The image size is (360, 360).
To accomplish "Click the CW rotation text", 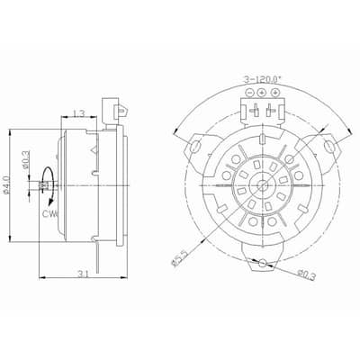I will (49, 215).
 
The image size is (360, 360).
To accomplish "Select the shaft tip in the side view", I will (41, 185).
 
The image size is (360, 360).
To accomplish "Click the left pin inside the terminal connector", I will (254, 112).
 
